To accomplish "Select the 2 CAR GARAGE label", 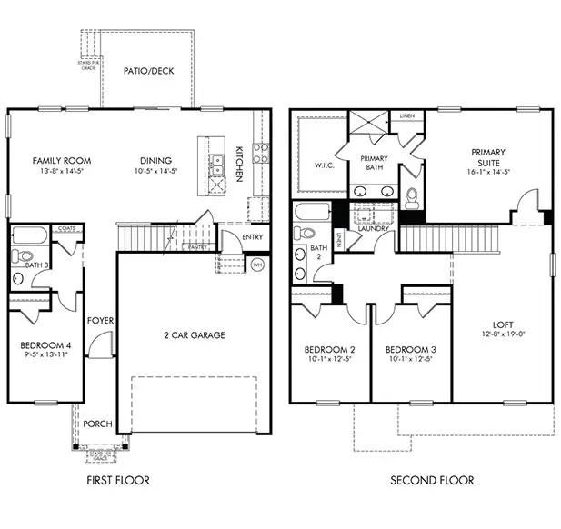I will (195, 335).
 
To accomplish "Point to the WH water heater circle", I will (257, 265).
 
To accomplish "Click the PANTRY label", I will (197, 246).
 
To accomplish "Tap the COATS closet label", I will (65, 229).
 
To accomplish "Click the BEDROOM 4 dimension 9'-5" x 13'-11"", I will (45, 356).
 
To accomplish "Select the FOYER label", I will (99, 321).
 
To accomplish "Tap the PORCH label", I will (97, 424).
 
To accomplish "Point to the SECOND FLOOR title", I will (432, 480).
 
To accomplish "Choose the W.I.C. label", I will (314, 165).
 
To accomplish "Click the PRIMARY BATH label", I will (375, 164).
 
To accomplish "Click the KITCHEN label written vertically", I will (239, 165).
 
